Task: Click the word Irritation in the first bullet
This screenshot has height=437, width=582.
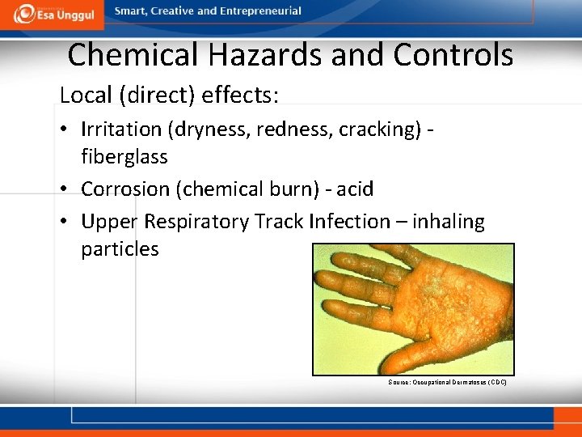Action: pos(121,129)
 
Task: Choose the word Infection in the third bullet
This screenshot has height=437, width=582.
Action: pos(349,222)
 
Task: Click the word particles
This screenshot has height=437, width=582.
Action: pos(120,248)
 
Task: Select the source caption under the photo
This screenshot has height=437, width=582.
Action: pos(447,382)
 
